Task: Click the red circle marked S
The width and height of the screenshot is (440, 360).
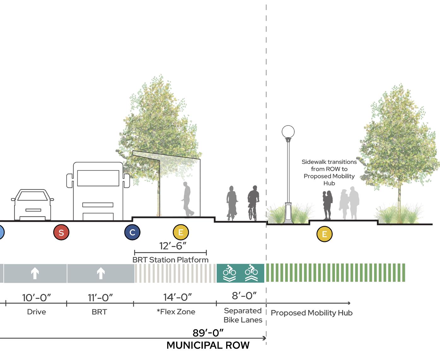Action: coord(61,232)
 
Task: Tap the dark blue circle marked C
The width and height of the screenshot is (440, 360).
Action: coord(132,232)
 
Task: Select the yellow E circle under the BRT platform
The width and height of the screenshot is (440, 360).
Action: coord(181,232)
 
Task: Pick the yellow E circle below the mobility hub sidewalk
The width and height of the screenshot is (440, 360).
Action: coord(324,234)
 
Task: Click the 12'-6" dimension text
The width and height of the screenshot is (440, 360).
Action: coord(173,246)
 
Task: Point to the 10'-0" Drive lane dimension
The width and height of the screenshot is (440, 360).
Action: coord(37,298)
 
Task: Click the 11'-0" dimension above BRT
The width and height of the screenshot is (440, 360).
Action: coord(100,298)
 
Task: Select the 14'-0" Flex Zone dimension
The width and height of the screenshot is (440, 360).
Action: coord(178,297)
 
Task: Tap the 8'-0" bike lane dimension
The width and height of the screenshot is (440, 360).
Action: coord(244,296)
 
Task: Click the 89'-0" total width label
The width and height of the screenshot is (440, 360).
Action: coord(208,333)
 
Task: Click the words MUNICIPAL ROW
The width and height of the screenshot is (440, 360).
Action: coord(208,345)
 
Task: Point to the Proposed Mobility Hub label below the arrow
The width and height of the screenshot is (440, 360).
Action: coord(312,313)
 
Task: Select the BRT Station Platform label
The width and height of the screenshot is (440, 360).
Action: coord(170,260)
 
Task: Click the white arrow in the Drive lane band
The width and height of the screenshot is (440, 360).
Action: coord(35,273)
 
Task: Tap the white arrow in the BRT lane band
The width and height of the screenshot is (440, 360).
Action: coord(101,273)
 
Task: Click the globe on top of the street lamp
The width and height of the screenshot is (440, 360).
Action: coord(288,132)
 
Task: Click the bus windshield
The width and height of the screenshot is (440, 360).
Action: coord(98,178)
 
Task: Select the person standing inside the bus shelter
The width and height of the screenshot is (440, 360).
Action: coord(187,199)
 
